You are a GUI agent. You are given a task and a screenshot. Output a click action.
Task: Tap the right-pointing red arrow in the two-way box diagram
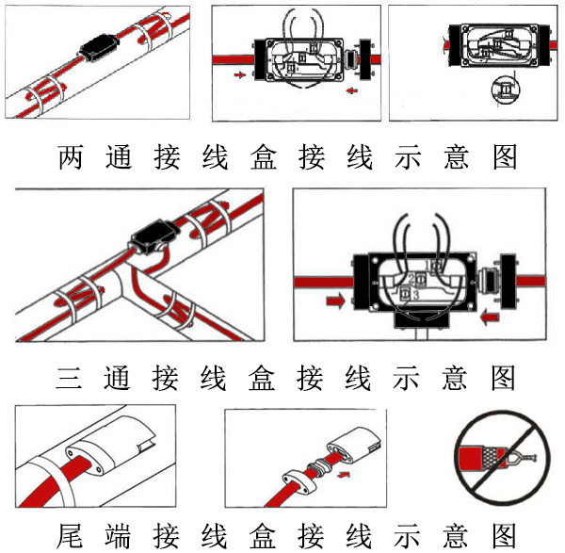click(x=241, y=73)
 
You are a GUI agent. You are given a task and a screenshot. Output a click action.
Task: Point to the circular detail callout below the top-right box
click(x=506, y=91)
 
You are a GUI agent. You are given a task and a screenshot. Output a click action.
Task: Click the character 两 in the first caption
click(x=72, y=156)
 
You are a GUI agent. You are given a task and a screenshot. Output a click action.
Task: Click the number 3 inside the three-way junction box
click(x=415, y=295)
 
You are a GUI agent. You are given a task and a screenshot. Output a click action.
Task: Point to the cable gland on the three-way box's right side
click(x=489, y=281)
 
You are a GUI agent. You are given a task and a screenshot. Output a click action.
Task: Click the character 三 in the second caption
click(x=72, y=378)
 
